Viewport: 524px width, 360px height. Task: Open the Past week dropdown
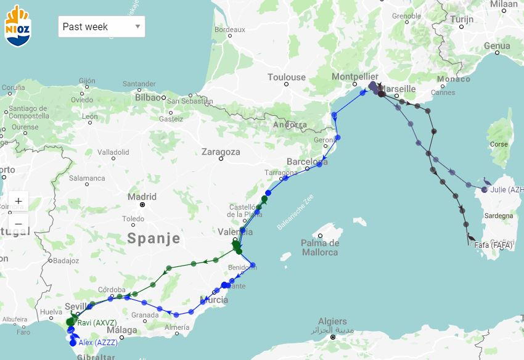pos(102,27)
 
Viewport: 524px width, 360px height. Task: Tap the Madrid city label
pos(142,197)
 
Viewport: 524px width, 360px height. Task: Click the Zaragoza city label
pos(221,152)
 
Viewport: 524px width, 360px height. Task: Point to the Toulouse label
pos(286,77)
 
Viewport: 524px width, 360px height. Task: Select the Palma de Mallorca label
pos(320,247)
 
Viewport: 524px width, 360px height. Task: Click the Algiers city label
pos(332,322)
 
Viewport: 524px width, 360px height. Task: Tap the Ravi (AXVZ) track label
pos(97,322)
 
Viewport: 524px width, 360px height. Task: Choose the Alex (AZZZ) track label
pos(98,342)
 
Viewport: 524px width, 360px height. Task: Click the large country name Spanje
pos(154,239)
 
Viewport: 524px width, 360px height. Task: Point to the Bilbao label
pos(147,97)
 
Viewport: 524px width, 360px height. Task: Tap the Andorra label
pos(290,125)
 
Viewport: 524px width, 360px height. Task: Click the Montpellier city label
pos(354,76)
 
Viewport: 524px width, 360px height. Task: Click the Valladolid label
pos(113,152)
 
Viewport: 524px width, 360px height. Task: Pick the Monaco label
pos(453,79)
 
